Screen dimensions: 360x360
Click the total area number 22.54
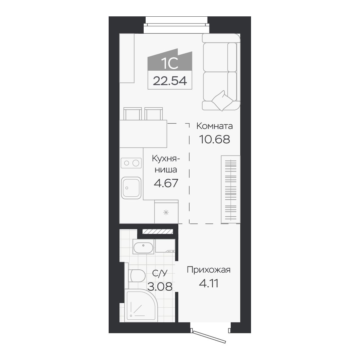(170, 81)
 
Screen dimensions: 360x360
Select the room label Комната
(214, 126)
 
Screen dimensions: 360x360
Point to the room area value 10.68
(214, 139)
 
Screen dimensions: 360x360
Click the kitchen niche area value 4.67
(166, 183)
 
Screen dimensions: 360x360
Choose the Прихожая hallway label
(208, 270)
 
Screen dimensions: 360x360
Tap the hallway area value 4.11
(208, 283)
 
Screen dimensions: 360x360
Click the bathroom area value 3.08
(160, 287)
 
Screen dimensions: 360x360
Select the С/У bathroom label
(160, 273)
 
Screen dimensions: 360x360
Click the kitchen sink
(131, 188)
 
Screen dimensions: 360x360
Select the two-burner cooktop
(131, 163)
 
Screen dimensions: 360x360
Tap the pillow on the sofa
(222, 100)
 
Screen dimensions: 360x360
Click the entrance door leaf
(209, 337)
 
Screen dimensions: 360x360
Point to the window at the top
(176, 25)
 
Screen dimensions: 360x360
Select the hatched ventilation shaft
(158, 231)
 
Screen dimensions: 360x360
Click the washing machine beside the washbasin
(165, 246)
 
